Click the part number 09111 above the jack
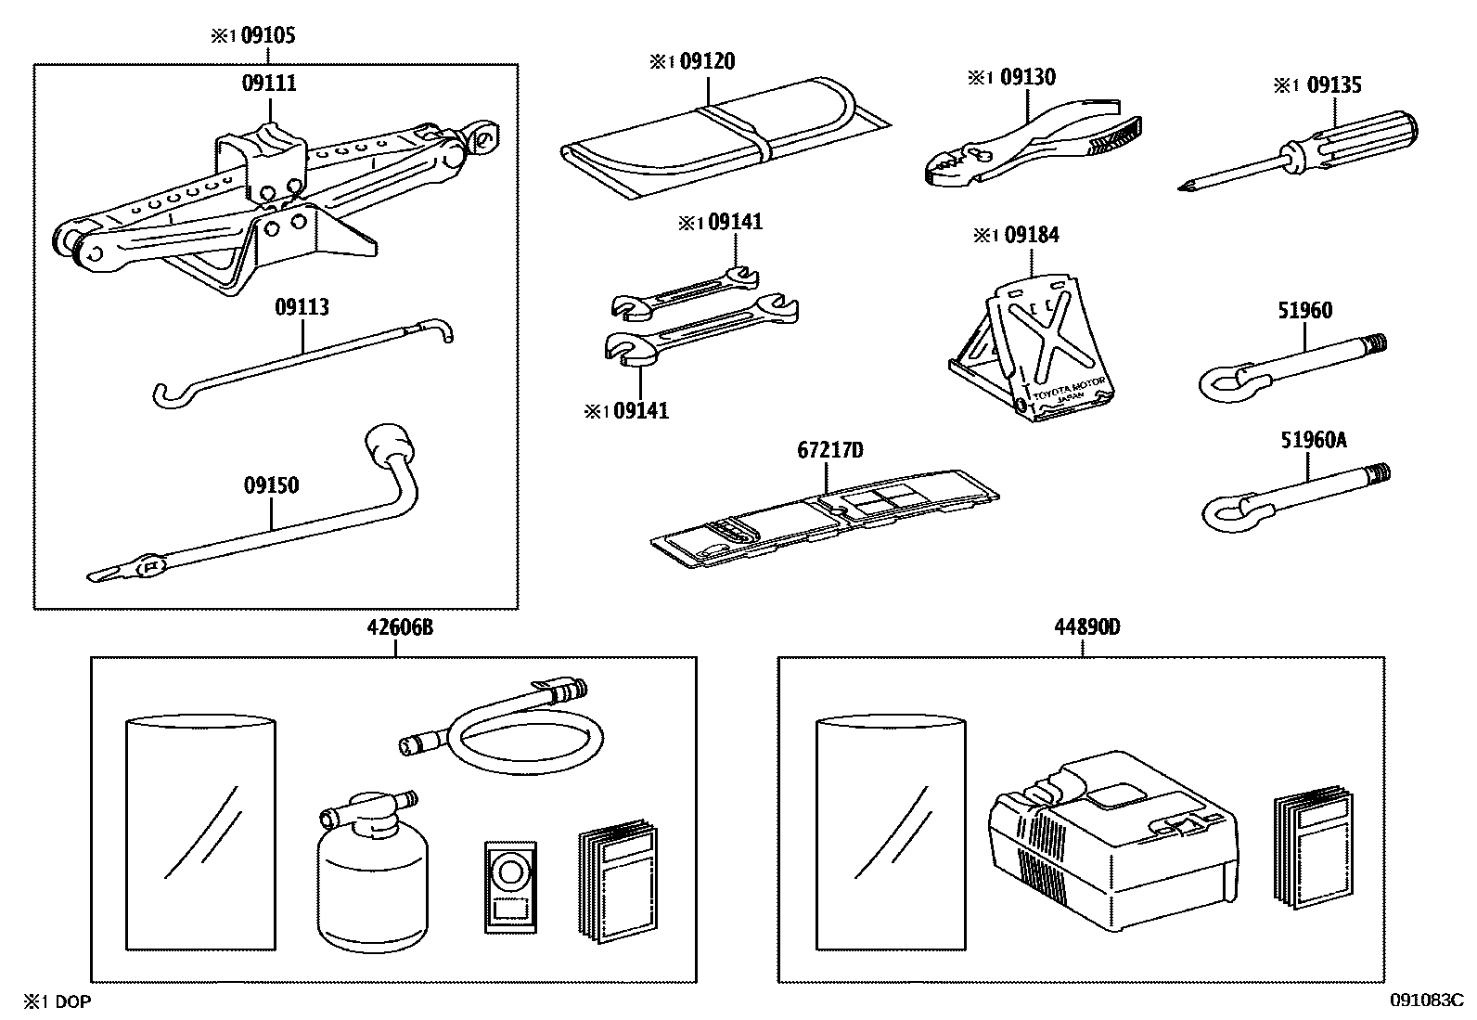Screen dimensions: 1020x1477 (x=269, y=84)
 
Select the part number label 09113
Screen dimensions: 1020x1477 (x=302, y=307)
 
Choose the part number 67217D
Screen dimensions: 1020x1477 (x=830, y=451)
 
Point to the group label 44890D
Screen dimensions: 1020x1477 (x=1085, y=627)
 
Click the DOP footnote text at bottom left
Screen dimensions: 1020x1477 (x=58, y=1001)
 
